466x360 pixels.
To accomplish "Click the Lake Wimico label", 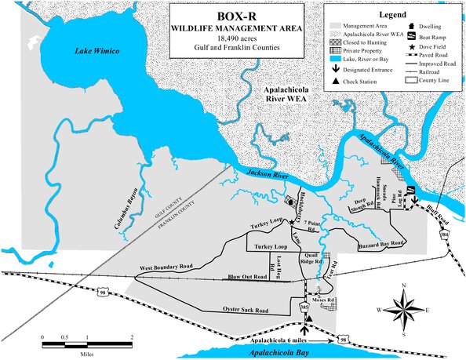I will pos(96,52).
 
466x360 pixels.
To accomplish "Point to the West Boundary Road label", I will pos(166,267).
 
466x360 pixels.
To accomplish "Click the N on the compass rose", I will pos(402,285).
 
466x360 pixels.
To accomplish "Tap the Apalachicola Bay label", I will pos(294,353).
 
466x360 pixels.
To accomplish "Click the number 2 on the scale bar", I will pos(131,337).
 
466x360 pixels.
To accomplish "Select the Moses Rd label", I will pos(322,300).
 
